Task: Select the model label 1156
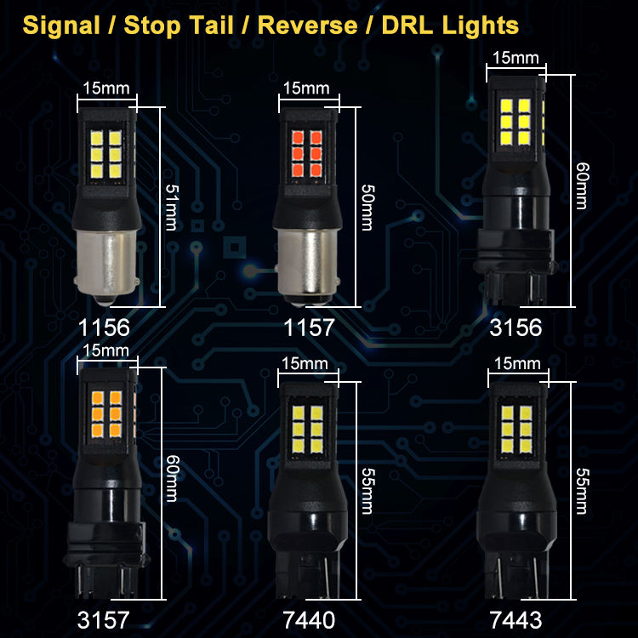(104, 327)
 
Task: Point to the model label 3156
(516, 327)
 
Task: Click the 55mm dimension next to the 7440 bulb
(367, 491)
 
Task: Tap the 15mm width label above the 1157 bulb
(305, 88)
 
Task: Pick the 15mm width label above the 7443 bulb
(516, 363)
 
